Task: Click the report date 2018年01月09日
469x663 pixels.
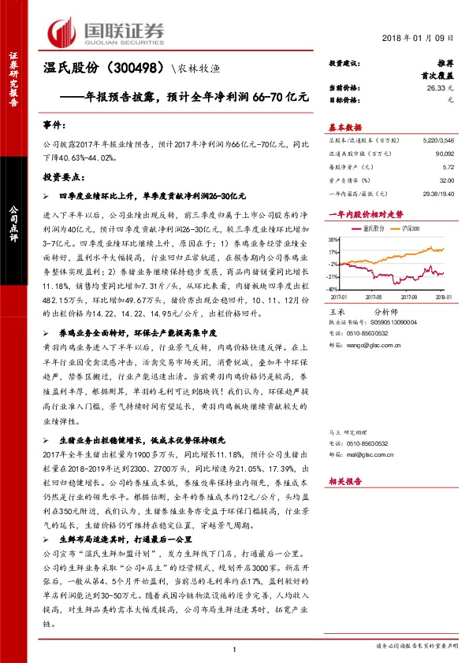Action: [422, 38]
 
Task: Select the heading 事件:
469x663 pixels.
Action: [53, 125]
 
